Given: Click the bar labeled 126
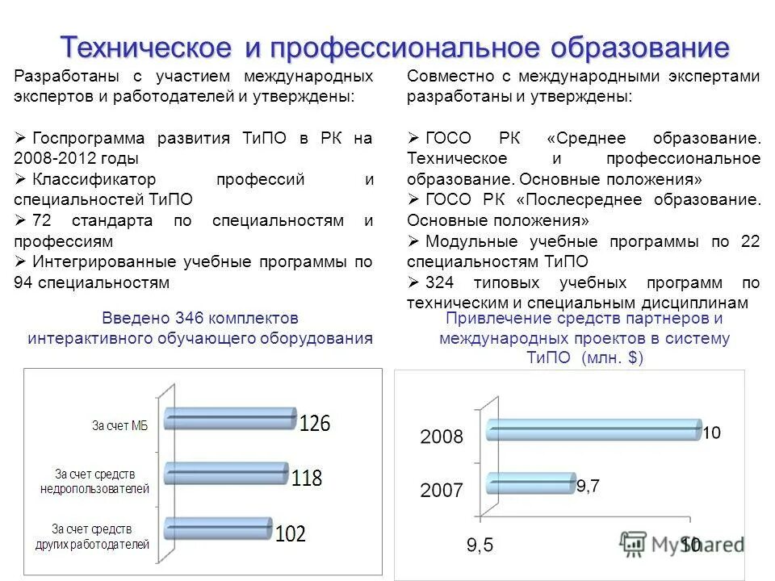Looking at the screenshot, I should point(230,418).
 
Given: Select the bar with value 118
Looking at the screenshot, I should point(226,473).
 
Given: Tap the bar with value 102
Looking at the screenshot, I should point(218,528).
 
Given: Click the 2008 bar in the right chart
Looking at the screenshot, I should point(593,429).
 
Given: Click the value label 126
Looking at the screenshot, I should point(315,424).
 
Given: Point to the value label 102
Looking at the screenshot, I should point(291,534).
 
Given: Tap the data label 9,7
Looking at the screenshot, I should point(587,485).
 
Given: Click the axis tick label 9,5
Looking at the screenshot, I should point(480,545).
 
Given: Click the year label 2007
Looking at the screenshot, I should point(441,490).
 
